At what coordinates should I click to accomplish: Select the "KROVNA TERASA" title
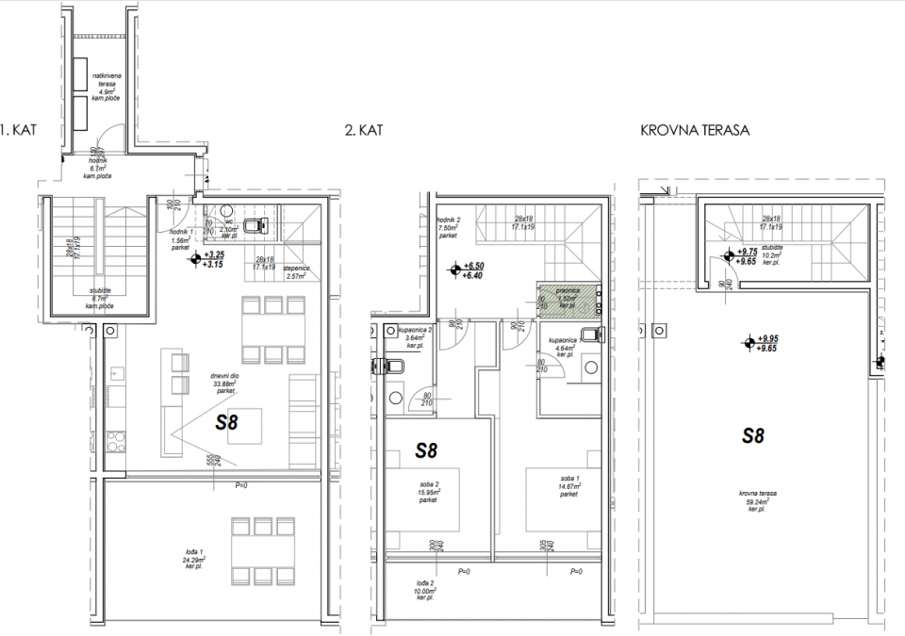(x=694, y=129)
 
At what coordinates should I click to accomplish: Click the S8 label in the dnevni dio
(x=226, y=423)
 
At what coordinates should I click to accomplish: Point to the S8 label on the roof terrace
(x=752, y=435)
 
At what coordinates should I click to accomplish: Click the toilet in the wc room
(x=254, y=225)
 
